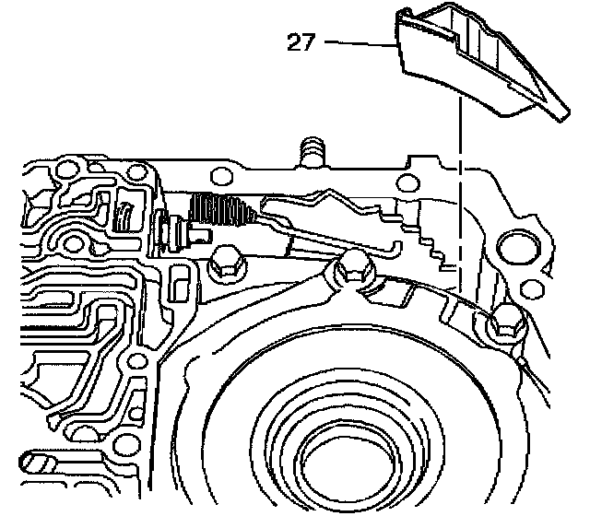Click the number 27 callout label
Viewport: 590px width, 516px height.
click(301, 42)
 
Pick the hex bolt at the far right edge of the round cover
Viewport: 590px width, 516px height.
click(506, 322)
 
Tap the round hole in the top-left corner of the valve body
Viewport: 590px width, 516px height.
click(65, 170)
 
